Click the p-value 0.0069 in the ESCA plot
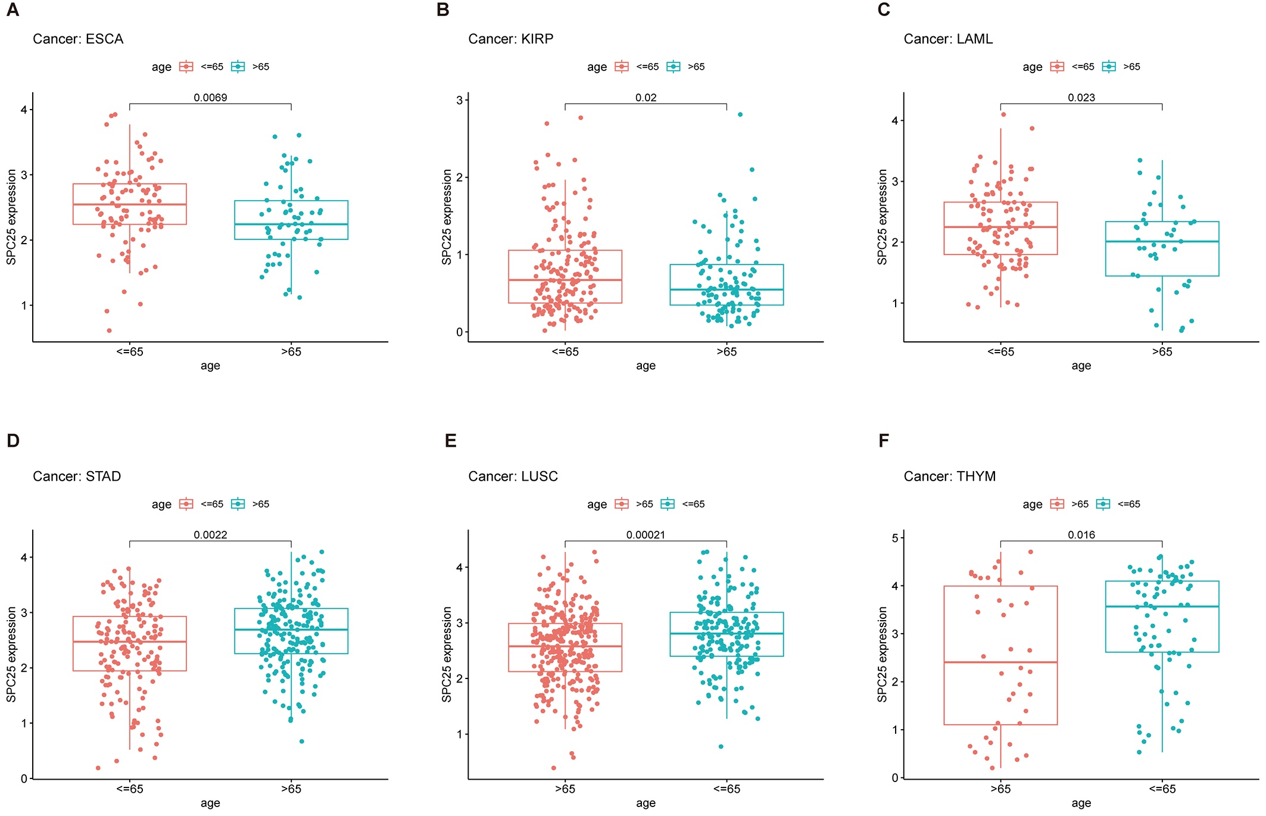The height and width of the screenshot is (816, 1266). click(210, 98)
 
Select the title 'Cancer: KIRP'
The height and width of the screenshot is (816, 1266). click(510, 39)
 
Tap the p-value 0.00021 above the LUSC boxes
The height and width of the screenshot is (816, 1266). click(646, 535)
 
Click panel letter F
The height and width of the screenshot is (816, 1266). click(884, 441)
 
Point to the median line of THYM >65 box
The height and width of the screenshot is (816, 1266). click(1000, 662)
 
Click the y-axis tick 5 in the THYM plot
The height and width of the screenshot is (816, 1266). click(895, 538)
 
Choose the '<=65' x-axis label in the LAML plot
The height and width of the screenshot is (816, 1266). click(1000, 352)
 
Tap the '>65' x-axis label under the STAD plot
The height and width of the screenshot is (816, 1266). click(291, 789)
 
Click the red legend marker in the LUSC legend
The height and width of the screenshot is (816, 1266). click(622, 504)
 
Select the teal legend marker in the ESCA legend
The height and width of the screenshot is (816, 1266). click(238, 67)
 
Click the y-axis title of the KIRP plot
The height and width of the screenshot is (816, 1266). click(447, 217)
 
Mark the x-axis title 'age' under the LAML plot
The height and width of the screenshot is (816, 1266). click(1081, 366)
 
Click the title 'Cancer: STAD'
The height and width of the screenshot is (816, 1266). click(77, 476)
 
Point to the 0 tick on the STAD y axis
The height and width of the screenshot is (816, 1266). click(24, 778)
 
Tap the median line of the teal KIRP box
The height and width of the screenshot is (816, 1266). click(726, 289)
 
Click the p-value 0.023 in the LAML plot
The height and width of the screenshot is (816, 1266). click(1081, 98)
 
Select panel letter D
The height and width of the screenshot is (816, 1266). click(13, 441)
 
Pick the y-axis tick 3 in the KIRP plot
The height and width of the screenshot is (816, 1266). click(460, 100)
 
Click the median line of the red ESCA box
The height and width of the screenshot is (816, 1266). click(130, 204)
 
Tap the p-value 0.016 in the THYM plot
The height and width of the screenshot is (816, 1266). click(1081, 535)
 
